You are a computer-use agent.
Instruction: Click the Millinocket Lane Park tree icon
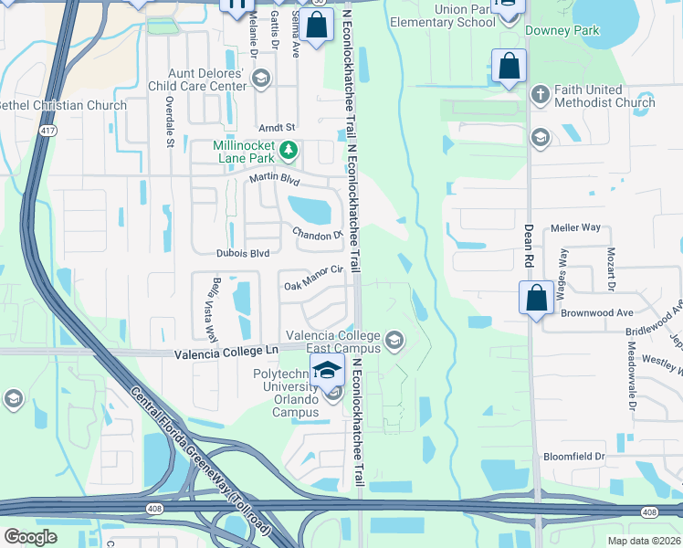pyautogui.click(x=289, y=149)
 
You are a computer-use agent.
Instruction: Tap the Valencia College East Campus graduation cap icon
pyautogui.click(x=394, y=342)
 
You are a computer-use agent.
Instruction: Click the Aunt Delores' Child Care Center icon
pyautogui.click(x=261, y=78)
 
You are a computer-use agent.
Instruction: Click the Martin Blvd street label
pyautogui.click(x=275, y=180)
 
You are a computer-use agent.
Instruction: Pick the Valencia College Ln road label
pyautogui.click(x=225, y=353)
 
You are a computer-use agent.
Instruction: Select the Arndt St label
pyautogui.click(x=278, y=128)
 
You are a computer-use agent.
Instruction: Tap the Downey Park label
pyautogui.click(x=562, y=30)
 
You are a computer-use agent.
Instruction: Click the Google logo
pyautogui.click(x=31, y=537)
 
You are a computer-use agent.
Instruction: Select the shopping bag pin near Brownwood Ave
pyautogui.click(x=535, y=299)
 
